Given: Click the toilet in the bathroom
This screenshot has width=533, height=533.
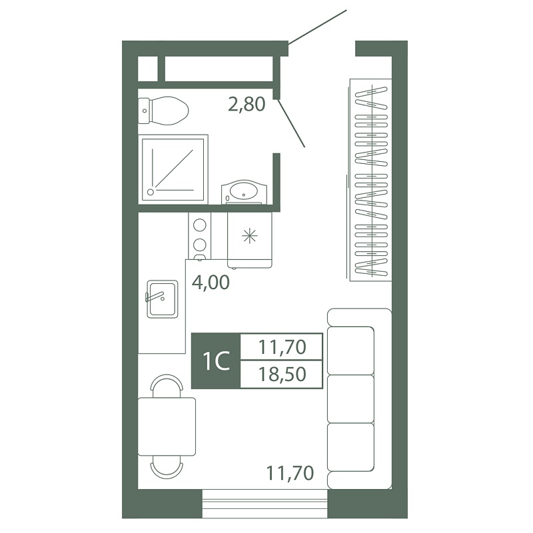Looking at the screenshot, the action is point(163,111).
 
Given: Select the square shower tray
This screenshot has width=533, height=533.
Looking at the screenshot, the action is point(173,169).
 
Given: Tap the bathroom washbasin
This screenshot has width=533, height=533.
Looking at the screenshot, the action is point(244,192).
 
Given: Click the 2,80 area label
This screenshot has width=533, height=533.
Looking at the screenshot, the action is point(247,104).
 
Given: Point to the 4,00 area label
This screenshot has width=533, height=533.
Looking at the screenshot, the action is point(211,282).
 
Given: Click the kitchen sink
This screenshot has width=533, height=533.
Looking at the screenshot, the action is point(163,299).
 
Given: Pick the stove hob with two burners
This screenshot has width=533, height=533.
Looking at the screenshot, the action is point(199,236).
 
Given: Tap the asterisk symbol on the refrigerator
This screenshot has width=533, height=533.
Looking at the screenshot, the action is point(250,236).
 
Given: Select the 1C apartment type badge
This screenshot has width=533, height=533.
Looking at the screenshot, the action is point(216,360).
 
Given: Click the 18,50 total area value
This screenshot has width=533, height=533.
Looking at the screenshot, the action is point(282,374).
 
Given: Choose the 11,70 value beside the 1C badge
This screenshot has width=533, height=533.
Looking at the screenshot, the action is point(282,347).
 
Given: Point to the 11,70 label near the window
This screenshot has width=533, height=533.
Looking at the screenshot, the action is point(290,473).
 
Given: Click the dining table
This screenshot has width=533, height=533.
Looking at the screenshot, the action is point(167,426).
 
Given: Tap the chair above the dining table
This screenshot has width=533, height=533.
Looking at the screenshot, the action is point(167,386).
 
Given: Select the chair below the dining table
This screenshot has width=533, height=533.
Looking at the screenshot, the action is point(167,467).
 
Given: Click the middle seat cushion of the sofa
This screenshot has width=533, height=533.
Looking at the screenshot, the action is point(350,398).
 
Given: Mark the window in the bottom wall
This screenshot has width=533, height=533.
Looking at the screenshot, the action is point(265,504).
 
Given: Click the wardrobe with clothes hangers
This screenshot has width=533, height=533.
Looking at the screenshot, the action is point(370,180).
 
